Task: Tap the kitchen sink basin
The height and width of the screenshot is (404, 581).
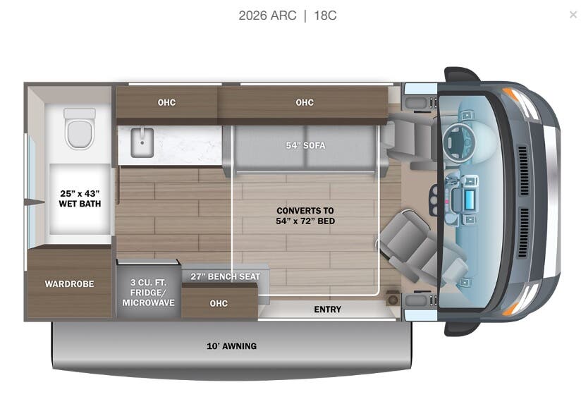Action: coord(140,145)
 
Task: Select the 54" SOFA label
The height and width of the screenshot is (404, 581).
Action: coord(305,146)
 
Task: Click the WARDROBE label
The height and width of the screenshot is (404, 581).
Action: coord(69,284)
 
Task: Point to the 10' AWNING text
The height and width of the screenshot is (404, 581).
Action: coord(231,346)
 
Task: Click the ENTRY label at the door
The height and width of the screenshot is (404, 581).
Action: coord(327,310)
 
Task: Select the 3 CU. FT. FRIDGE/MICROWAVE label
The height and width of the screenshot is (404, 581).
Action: coord(148,293)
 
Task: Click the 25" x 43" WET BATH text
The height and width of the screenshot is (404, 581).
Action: coord(80,199)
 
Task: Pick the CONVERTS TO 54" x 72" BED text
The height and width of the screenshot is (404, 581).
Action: coord(305,216)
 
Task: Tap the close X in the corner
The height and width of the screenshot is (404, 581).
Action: coord(573,15)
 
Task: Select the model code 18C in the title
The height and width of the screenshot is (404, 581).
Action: coord(325,16)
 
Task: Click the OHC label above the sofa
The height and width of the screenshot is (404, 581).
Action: coord(305,103)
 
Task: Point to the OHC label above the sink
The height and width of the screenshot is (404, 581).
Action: coord(166,103)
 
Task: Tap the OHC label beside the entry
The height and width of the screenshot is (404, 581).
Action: coord(219,303)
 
